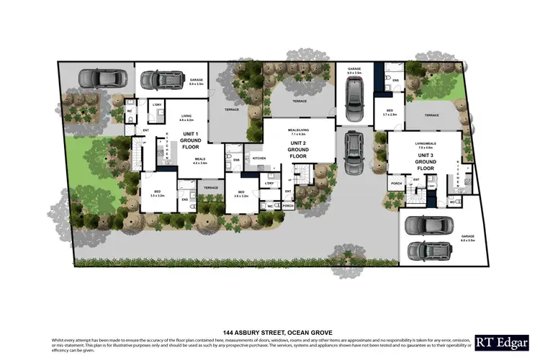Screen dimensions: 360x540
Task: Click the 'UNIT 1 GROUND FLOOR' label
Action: pos(191,141)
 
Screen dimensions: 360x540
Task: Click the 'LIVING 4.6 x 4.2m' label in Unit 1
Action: pos(186,117)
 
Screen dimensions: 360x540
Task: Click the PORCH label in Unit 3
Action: pos(395,184)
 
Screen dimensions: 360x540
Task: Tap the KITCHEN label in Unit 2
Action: pos(259,158)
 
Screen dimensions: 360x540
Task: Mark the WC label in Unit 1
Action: pos(130,111)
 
